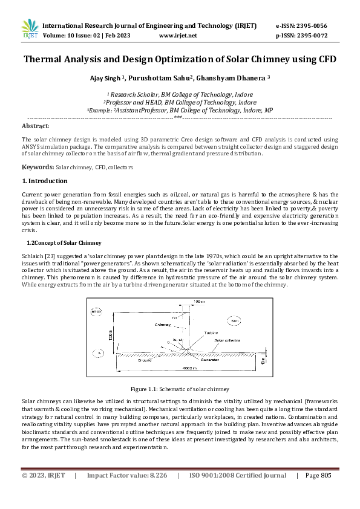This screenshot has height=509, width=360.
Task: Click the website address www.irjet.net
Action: pos(177,36)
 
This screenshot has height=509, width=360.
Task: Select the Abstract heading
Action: pos(35,126)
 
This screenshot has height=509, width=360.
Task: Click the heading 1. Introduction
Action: pos(45,181)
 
